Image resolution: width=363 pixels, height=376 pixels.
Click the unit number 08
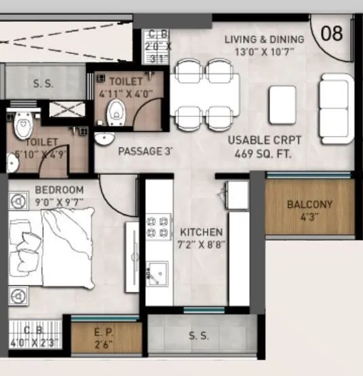[331, 33]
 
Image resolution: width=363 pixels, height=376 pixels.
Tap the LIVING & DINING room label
[265, 39]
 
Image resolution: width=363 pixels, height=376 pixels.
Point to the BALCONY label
[309, 204]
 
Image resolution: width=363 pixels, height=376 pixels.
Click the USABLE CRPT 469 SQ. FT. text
[265, 146]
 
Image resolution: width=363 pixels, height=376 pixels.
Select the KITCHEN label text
[201, 233]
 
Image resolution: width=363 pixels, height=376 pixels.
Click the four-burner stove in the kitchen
[158, 227]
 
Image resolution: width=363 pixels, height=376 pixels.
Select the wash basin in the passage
[104, 139]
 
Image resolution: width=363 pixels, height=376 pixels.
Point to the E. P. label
[106, 333]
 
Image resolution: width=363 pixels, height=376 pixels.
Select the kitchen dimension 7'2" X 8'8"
[202, 244]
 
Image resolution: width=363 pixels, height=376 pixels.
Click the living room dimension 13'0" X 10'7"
[265, 51]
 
